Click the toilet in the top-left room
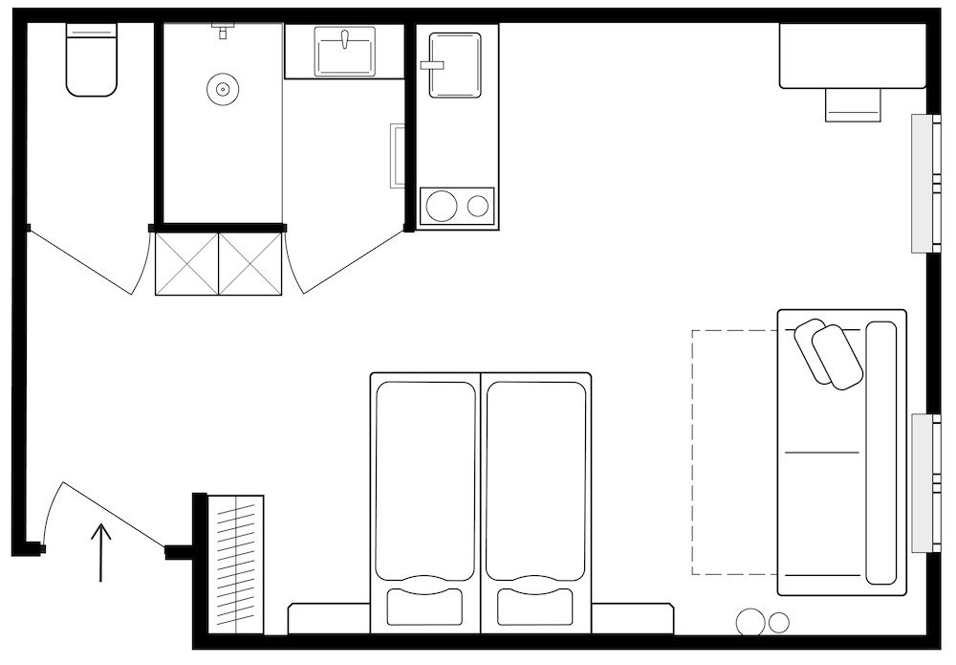pyautogui.click(x=91, y=62)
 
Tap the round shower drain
pyautogui.click(x=222, y=90)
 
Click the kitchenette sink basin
pyautogui.click(x=455, y=65)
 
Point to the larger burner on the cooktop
pyautogui.click(x=442, y=206)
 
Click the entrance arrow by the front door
pyautogui.click(x=101, y=552)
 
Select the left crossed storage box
pyautogui.click(x=186, y=262)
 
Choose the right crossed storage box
pyautogui.click(x=251, y=262)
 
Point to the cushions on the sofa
pyautogui.click(x=828, y=353)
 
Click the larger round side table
pyautogui.click(x=751, y=622)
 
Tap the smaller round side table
pyautogui.click(x=779, y=622)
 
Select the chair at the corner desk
pyautogui.click(x=853, y=104)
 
